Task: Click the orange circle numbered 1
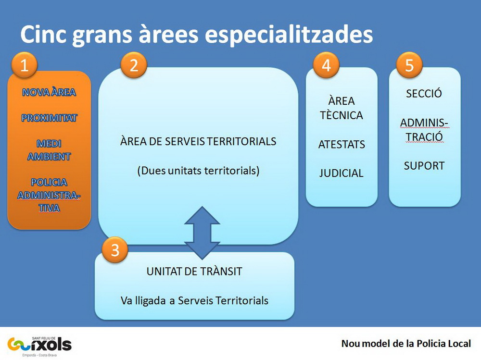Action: (24, 65)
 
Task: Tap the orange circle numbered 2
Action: (134, 65)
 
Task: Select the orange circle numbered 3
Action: (115, 250)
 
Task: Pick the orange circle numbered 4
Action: (326, 65)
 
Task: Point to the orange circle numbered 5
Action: (409, 65)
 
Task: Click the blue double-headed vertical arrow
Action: (202, 233)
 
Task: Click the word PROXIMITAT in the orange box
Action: (49, 118)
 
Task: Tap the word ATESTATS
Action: (342, 144)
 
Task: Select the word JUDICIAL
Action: (341, 173)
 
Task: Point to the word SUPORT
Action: (424, 166)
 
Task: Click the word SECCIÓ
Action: (424, 93)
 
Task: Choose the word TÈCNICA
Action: (342, 115)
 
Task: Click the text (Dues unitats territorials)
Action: (198, 171)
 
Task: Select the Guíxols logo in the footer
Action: (39, 346)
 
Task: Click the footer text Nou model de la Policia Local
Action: (406, 344)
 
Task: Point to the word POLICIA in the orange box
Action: (49, 182)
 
